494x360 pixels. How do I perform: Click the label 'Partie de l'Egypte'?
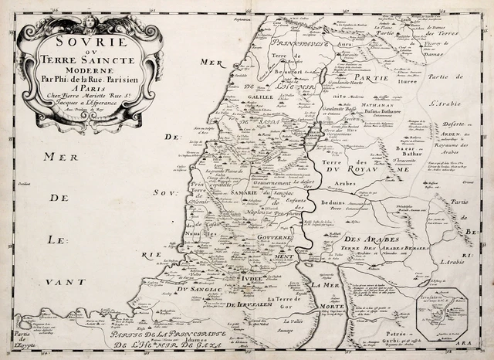(14, 336)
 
